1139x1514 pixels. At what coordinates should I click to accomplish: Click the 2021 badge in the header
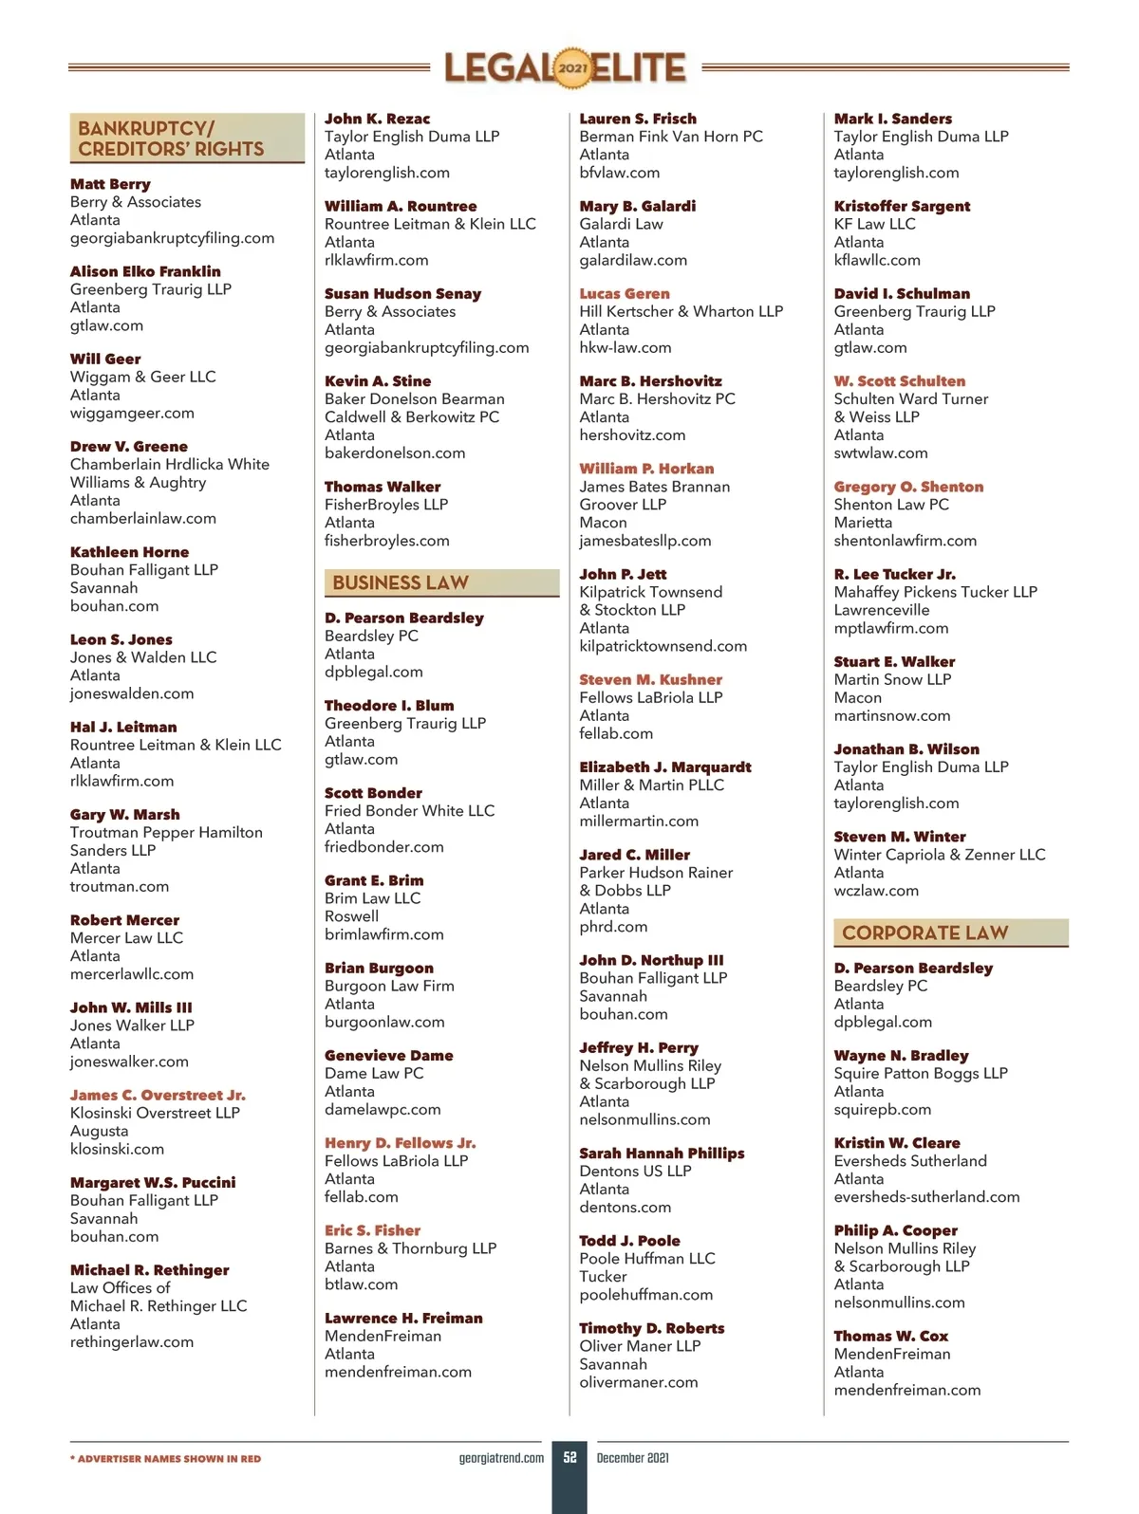tap(572, 68)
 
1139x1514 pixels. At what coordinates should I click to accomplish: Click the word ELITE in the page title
tap(640, 68)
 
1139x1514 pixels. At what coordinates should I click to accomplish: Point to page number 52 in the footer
tap(569, 1457)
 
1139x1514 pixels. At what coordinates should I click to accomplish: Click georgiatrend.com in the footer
tap(501, 1458)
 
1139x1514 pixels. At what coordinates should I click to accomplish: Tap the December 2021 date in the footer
tap(633, 1458)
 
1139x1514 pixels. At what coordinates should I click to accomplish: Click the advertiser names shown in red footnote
tap(165, 1459)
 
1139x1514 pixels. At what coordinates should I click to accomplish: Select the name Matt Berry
tap(110, 184)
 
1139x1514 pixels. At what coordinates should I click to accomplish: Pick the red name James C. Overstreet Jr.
tap(158, 1095)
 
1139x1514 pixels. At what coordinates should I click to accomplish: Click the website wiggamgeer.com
tap(132, 413)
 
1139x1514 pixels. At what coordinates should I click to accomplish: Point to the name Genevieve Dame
tap(388, 1055)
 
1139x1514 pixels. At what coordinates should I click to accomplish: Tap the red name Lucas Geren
tap(625, 294)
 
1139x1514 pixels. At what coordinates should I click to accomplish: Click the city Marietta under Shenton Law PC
tap(863, 523)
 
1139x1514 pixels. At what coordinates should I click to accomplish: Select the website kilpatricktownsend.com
tap(663, 646)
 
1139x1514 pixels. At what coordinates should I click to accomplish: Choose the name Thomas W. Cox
tap(891, 1336)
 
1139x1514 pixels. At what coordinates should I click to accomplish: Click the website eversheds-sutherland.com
tap(926, 1197)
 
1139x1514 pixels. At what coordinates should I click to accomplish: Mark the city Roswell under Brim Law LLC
tap(351, 916)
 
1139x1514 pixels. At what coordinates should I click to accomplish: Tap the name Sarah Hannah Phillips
tap(662, 1154)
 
